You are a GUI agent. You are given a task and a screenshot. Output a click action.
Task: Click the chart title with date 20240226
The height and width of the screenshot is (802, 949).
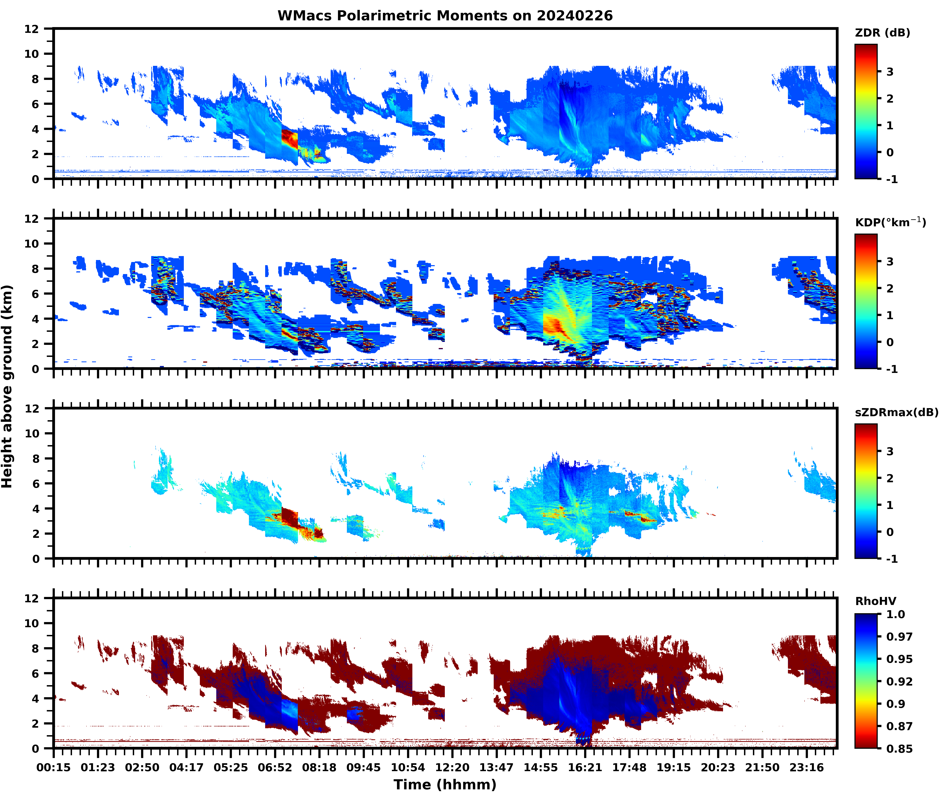point(445,16)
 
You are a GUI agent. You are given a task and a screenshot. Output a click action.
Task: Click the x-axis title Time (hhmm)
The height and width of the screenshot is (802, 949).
point(445,784)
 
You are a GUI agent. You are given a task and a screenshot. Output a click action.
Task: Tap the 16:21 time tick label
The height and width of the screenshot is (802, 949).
point(585,767)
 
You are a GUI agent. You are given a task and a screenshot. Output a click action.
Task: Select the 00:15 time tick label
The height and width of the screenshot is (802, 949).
point(54,767)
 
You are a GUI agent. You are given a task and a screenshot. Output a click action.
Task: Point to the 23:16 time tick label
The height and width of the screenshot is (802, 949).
point(807,767)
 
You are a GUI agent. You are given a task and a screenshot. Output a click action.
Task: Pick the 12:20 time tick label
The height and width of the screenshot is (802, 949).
point(452,767)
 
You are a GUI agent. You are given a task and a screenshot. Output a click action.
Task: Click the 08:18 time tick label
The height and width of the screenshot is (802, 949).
point(319,767)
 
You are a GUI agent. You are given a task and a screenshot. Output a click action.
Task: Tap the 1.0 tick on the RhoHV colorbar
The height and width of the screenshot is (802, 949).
point(895,614)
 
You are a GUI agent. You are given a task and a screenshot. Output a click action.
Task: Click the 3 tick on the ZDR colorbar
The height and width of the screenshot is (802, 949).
point(890,72)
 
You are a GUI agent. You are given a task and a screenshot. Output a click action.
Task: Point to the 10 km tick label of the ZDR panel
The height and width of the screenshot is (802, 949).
point(32,54)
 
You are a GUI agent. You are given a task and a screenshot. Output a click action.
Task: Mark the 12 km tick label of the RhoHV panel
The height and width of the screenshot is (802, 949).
point(32,598)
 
